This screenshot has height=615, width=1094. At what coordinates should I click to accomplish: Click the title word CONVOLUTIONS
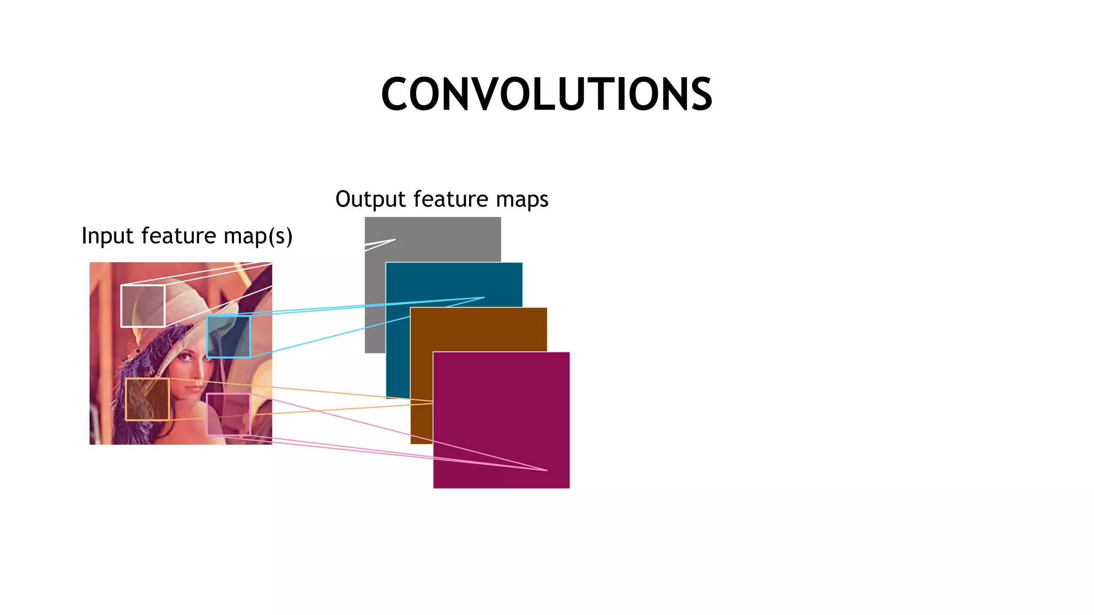pos(546,94)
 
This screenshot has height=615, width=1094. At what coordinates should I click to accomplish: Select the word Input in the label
pos(107,236)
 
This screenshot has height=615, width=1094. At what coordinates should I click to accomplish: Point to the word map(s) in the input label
pos(258,236)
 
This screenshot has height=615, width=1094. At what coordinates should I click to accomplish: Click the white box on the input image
pos(143,306)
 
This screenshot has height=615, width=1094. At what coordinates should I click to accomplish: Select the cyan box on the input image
pos(228,337)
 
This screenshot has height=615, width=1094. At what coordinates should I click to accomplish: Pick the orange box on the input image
pos(147,399)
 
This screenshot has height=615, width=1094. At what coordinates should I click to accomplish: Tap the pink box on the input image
pos(228,414)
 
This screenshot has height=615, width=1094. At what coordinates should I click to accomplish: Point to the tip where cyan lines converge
pos(484,297)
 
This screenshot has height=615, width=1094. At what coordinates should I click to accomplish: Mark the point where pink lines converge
pos(547,470)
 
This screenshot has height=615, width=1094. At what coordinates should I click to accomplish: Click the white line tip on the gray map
pos(395,240)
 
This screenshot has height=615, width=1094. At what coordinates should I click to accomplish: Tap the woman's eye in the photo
pos(187,358)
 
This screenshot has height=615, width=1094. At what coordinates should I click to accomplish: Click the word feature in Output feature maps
pos(450,200)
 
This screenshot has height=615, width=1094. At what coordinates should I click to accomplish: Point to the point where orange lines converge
pos(433,402)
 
